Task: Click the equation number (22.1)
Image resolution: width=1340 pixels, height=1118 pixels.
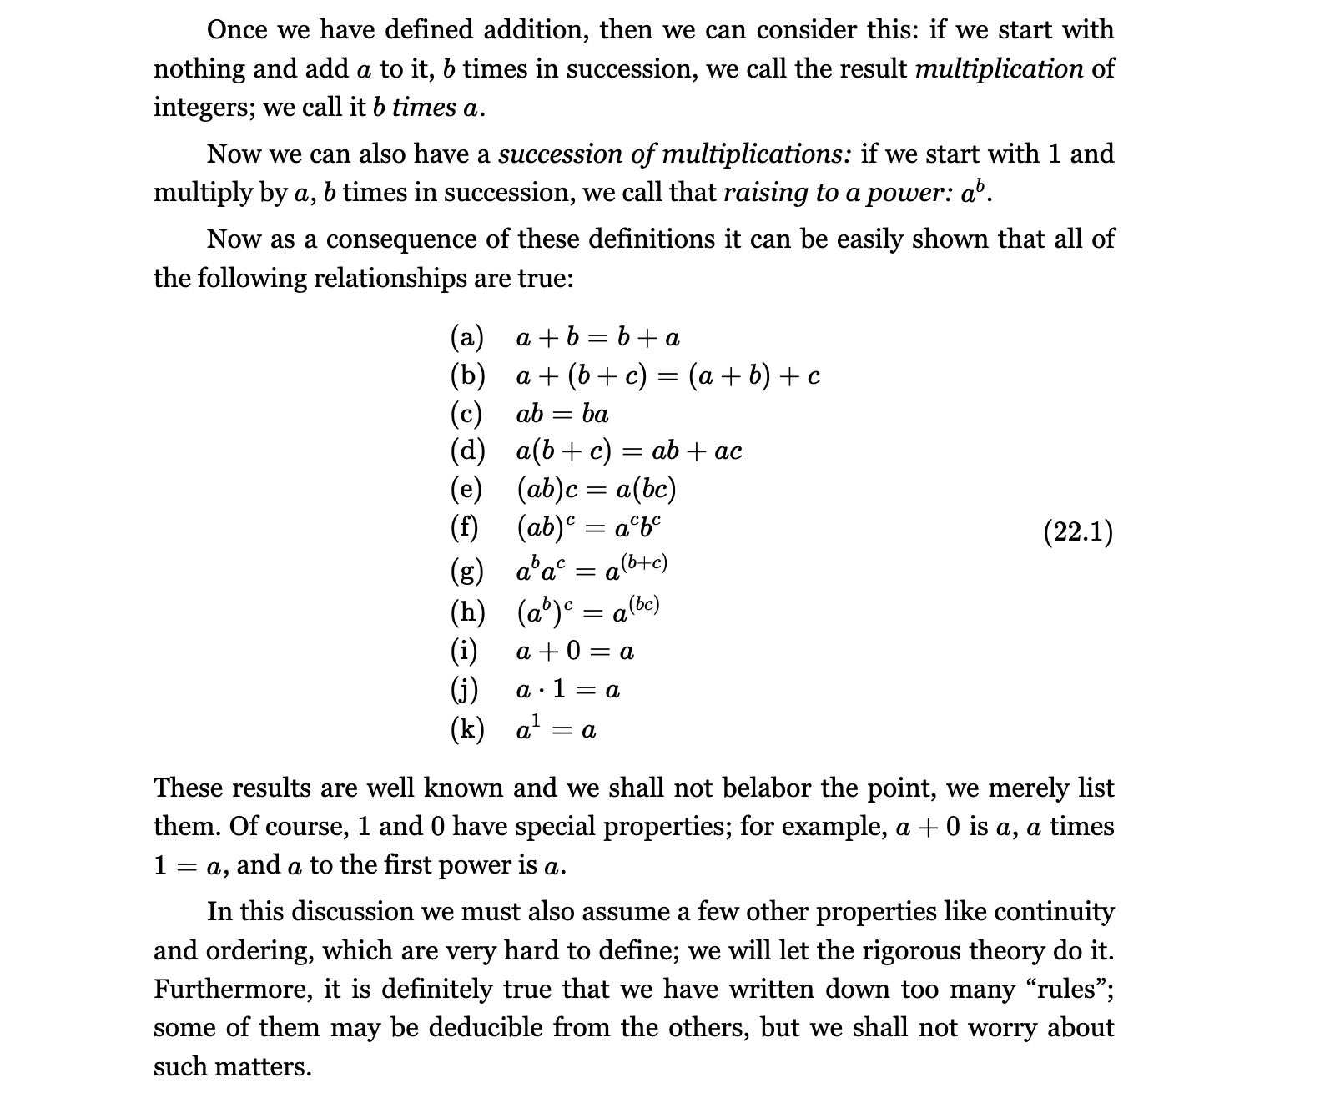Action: (x=1078, y=532)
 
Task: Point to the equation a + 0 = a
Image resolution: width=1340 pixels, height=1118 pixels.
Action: (x=575, y=651)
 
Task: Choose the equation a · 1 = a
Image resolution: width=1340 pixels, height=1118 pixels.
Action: (x=567, y=690)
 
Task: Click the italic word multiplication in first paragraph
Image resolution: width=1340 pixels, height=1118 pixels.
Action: (x=999, y=68)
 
